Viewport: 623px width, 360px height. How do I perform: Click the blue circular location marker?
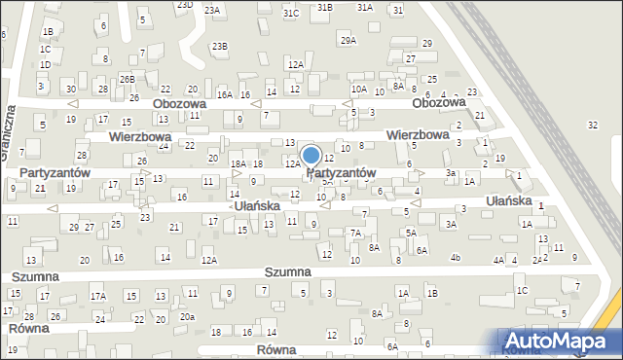click(311, 155)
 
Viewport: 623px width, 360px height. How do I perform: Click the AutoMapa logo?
click(562, 341)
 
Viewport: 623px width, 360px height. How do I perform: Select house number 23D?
click(184, 5)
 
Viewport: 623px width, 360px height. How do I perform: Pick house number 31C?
click(291, 14)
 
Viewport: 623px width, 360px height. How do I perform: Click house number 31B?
click(324, 7)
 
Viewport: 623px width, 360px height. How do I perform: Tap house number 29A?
click(348, 40)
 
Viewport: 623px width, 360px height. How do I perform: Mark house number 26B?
click(127, 79)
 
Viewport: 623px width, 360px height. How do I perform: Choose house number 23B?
click(221, 46)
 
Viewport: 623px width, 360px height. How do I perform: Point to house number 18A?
click(238, 164)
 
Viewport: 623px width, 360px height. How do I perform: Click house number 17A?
click(97, 296)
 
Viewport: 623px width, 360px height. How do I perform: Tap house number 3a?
click(450, 173)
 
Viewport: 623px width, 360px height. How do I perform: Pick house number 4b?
click(455, 258)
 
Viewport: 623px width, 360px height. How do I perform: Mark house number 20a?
click(187, 317)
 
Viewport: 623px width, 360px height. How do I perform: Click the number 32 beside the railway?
click(593, 125)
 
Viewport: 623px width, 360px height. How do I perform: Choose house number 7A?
click(356, 234)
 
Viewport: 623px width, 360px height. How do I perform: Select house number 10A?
click(359, 90)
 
